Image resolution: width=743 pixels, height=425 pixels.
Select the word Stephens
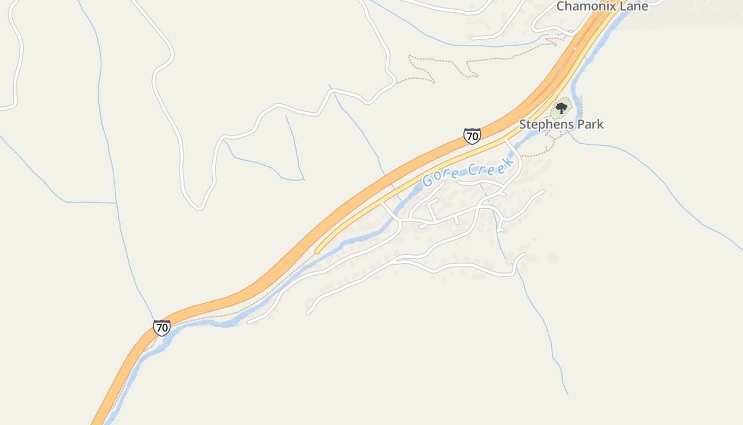pos(547,124)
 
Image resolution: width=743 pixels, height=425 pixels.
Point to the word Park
pos(591,124)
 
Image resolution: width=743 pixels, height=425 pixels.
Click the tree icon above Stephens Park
pos(561,109)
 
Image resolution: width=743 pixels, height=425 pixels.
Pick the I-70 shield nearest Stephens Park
pos(472,136)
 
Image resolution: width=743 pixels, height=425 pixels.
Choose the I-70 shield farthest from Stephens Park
pos(162,328)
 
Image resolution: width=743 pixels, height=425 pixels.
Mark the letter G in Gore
pos(428,181)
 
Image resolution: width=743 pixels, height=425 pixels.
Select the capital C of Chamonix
pos(561,6)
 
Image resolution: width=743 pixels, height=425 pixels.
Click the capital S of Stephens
pos(523,124)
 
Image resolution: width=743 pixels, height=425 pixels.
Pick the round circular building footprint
pos(552,258)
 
